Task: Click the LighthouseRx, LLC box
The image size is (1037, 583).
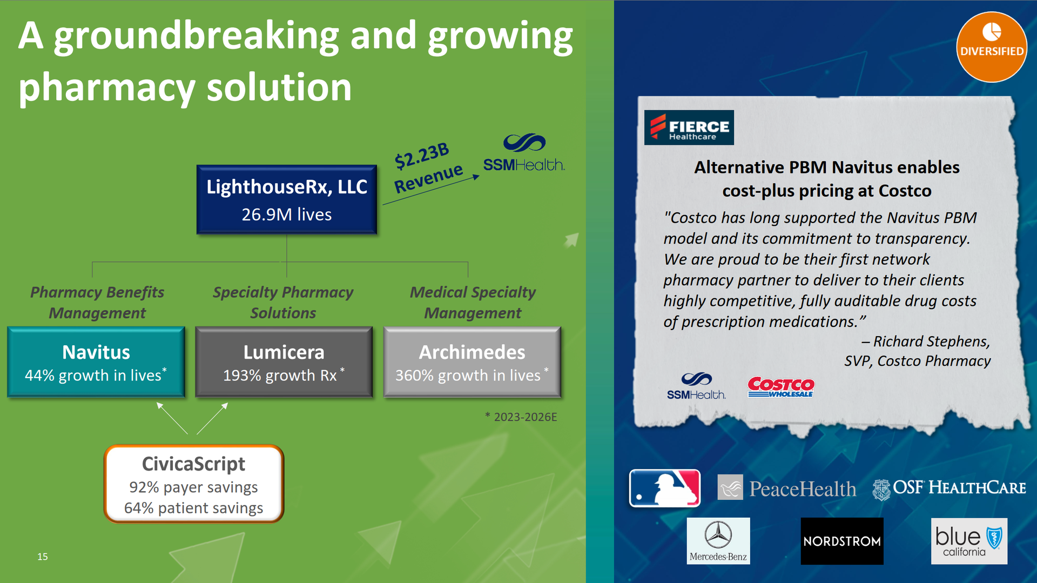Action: (x=287, y=199)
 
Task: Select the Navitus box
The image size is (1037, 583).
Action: (x=96, y=362)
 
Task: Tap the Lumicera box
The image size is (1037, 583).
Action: (x=284, y=362)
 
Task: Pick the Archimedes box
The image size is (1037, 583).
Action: (x=473, y=362)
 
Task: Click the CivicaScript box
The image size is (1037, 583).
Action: (x=194, y=484)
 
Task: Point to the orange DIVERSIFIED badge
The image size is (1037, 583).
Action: (x=992, y=47)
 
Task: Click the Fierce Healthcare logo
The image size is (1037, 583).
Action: (x=689, y=128)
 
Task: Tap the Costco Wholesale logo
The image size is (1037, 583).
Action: (x=781, y=387)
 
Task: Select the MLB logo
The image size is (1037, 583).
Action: (x=665, y=488)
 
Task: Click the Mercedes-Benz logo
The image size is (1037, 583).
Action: (x=718, y=541)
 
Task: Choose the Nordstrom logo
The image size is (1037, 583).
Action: (x=842, y=541)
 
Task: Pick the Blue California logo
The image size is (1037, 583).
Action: (x=969, y=541)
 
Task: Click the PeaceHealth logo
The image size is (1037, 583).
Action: (x=787, y=488)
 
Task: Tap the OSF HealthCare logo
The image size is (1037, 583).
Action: (x=949, y=488)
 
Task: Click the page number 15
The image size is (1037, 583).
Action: (x=43, y=557)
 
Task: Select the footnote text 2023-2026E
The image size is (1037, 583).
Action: (x=525, y=417)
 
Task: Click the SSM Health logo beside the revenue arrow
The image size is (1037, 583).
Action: (x=524, y=152)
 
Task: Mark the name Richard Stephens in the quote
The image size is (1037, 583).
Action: (x=932, y=341)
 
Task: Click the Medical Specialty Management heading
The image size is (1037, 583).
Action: (x=473, y=303)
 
